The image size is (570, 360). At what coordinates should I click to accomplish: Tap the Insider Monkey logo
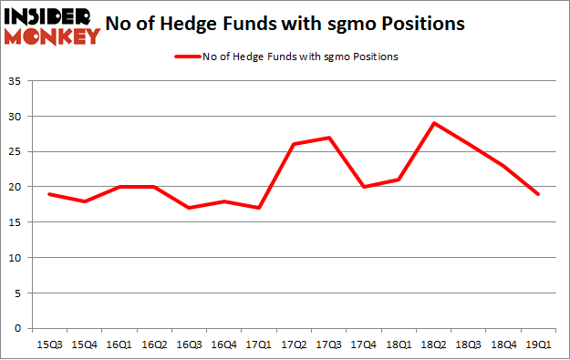coord(53,26)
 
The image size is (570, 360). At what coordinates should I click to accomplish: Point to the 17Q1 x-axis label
coord(261,346)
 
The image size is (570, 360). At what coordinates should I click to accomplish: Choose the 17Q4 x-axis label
coord(362,346)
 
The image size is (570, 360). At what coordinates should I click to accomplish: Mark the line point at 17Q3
coord(329,138)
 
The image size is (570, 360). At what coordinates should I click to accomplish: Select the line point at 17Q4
coord(363,187)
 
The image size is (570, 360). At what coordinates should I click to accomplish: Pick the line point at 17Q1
coord(261,208)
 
